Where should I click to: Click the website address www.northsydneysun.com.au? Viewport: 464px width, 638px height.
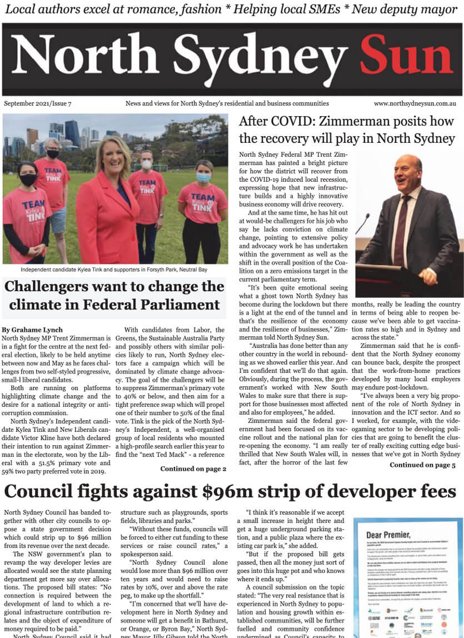[415, 103]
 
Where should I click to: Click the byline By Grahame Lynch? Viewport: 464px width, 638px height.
[33, 330]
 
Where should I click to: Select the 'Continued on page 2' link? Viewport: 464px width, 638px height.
[193, 469]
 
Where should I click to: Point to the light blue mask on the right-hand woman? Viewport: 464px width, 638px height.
[203, 177]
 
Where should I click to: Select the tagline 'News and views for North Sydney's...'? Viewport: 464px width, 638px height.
[227, 103]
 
